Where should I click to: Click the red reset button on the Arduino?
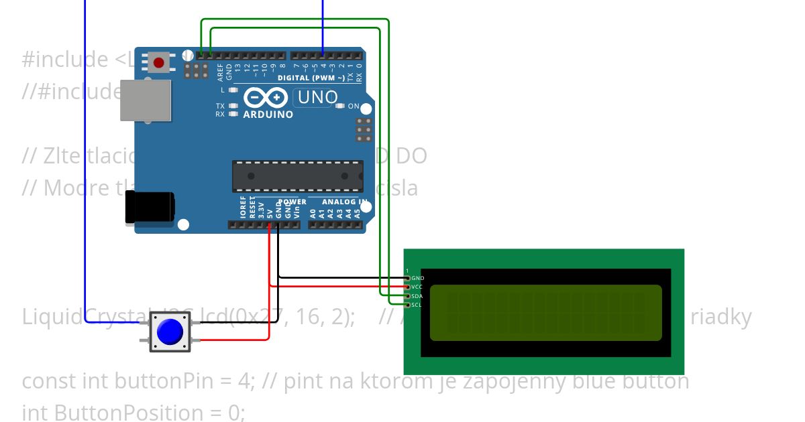pyautogui.click(x=158, y=63)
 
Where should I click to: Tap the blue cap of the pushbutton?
pyautogui.click(x=170, y=331)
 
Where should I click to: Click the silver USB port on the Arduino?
pyautogui.click(x=145, y=100)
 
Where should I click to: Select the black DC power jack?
pyautogui.click(x=150, y=207)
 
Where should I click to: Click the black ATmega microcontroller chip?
pyautogui.click(x=298, y=176)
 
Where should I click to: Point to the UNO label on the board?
pyautogui.click(x=317, y=98)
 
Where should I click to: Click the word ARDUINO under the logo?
pyautogui.click(x=268, y=115)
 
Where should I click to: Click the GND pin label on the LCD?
pyautogui.click(x=417, y=278)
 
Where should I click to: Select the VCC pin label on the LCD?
pyautogui.click(x=417, y=287)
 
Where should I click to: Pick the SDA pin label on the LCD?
pyautogui.click(x=417, y=296)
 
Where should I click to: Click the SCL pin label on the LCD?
pyautogui.click(x=416, y=305)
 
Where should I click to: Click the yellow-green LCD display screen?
pyautogui.click(x=545, y=313)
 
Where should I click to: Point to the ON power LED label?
pyautogui.click(x=354, y=107)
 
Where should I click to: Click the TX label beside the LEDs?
pyautogui.click(x=220, y=106)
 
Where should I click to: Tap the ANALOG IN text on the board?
pyautogui.click(x=344, y=202)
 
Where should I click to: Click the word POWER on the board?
pyautogui.click(x=292, y=202)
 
